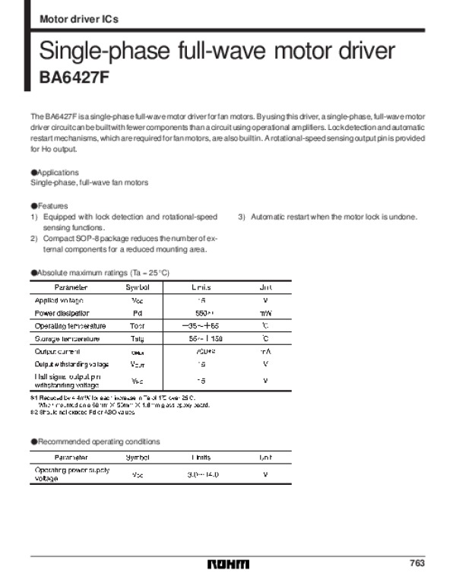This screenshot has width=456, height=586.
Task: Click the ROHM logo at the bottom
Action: pos(228,563)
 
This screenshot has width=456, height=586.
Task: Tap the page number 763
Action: pos(416,563)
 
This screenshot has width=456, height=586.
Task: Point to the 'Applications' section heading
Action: pos(55,173)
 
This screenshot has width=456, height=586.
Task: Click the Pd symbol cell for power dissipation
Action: pos(138,312)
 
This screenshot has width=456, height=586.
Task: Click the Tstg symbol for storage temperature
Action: pos(138,338)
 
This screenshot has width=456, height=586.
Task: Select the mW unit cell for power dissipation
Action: pos(265,312)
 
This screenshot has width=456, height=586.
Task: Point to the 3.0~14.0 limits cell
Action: pos(202,474)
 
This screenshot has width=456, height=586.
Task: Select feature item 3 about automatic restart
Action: pos(328,217)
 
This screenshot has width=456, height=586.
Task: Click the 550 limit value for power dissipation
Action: pos(202,312)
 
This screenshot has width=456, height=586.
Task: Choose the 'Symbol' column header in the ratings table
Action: pos(138,287)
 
